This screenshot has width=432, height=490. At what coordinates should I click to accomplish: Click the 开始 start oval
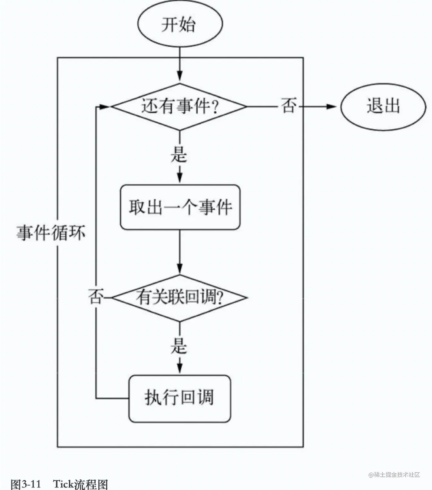(x=180, y=24)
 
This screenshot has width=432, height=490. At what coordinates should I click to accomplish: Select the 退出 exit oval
(x=383, y=107)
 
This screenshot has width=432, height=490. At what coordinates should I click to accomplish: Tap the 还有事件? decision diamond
(x=179, y=107)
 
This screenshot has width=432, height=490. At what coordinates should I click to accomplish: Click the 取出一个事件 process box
(x=180, y=207)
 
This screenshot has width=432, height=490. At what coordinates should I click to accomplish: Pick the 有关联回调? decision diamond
(x=179, y=297)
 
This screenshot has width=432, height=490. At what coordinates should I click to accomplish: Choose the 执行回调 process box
(x=179, y=398)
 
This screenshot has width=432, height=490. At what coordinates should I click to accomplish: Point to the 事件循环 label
(x=51, y=233)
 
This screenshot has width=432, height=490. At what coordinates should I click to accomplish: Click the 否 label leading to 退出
(x=288, y=106)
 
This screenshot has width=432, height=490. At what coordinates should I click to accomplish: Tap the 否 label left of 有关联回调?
(x=96, y=297)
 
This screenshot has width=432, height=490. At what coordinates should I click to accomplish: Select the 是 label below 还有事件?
(x=179, y=155)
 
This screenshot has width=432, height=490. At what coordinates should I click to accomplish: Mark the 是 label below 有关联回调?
(x=179, y=346)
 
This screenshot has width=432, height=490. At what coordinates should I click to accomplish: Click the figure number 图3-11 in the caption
(x=26, y=484)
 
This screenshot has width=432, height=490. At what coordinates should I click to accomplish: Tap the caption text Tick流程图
(x=80, y=484)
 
